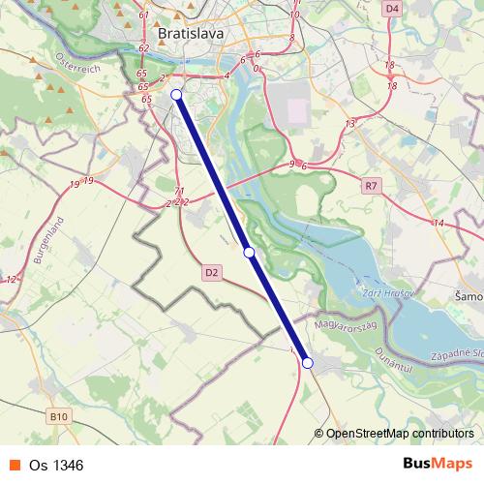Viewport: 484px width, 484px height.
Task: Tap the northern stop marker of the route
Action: pyautogui.click(x=176, y=94)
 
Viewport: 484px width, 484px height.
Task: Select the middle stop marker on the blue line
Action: pyautogui.click(x=249, y=252)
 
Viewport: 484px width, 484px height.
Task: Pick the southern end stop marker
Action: pyautogui.click(x=308, y=363)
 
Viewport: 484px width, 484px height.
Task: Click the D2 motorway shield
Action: pyautogui.click(x=213, y=274)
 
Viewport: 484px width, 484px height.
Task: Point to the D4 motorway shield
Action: pyautogui.click(x=391, y=9)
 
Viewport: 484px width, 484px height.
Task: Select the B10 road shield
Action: pyautogui.click(x=60, y=417)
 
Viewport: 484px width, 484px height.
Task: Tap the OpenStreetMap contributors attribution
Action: pyautogui.click(x=399, y=434)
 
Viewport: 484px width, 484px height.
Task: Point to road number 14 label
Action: pyautogui.click(x=438, y=224)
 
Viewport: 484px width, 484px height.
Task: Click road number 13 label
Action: pyautogui.click(x=349, y=123)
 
